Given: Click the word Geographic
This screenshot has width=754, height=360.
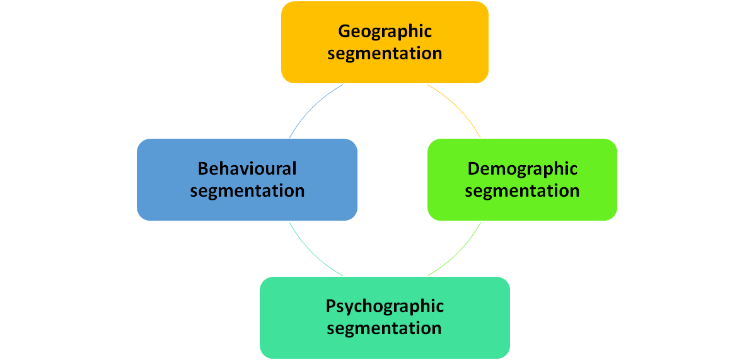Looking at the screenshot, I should (x=385, y=32).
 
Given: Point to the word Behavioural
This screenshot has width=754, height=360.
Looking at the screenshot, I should (x=247, y=169).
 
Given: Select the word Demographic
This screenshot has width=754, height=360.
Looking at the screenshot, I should (x=523, y=169).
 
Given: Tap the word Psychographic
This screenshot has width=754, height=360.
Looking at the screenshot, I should (x=385, y=307).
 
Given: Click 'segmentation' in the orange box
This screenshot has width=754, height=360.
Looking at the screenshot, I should (x=385, y=53).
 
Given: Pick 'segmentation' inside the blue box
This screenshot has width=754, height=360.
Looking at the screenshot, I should (x=247, y=190).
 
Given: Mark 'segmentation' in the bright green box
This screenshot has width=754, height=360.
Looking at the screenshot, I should (x=522, y=190).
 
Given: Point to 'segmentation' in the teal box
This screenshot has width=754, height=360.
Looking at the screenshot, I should (x=385, y=328).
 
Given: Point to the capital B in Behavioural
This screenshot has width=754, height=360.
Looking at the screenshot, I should (x=203, y=169).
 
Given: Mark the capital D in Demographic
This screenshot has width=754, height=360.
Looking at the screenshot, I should (x=473, y=169).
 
